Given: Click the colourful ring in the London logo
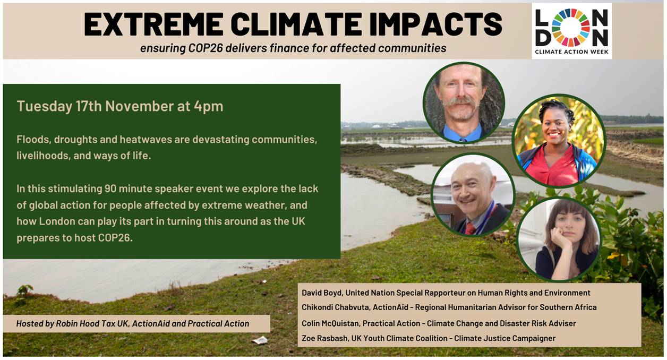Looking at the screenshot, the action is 570,28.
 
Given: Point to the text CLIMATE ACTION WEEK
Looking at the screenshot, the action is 571,52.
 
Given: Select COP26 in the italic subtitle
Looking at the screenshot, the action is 206,48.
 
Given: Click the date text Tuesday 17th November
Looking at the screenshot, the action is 95,106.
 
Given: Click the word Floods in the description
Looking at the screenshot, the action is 33,139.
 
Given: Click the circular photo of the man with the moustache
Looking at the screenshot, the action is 464,102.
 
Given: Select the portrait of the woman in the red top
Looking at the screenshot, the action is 559,141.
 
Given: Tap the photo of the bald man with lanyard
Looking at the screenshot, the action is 473,194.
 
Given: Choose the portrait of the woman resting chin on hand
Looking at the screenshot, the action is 559,239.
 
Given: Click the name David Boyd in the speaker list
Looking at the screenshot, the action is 322,293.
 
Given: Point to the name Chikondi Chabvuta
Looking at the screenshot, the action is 335,307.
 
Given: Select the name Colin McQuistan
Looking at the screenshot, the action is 330,323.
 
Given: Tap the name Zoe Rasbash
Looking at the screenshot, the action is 324,338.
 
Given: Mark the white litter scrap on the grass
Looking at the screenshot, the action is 260,340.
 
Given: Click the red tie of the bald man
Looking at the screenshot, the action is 471,228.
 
